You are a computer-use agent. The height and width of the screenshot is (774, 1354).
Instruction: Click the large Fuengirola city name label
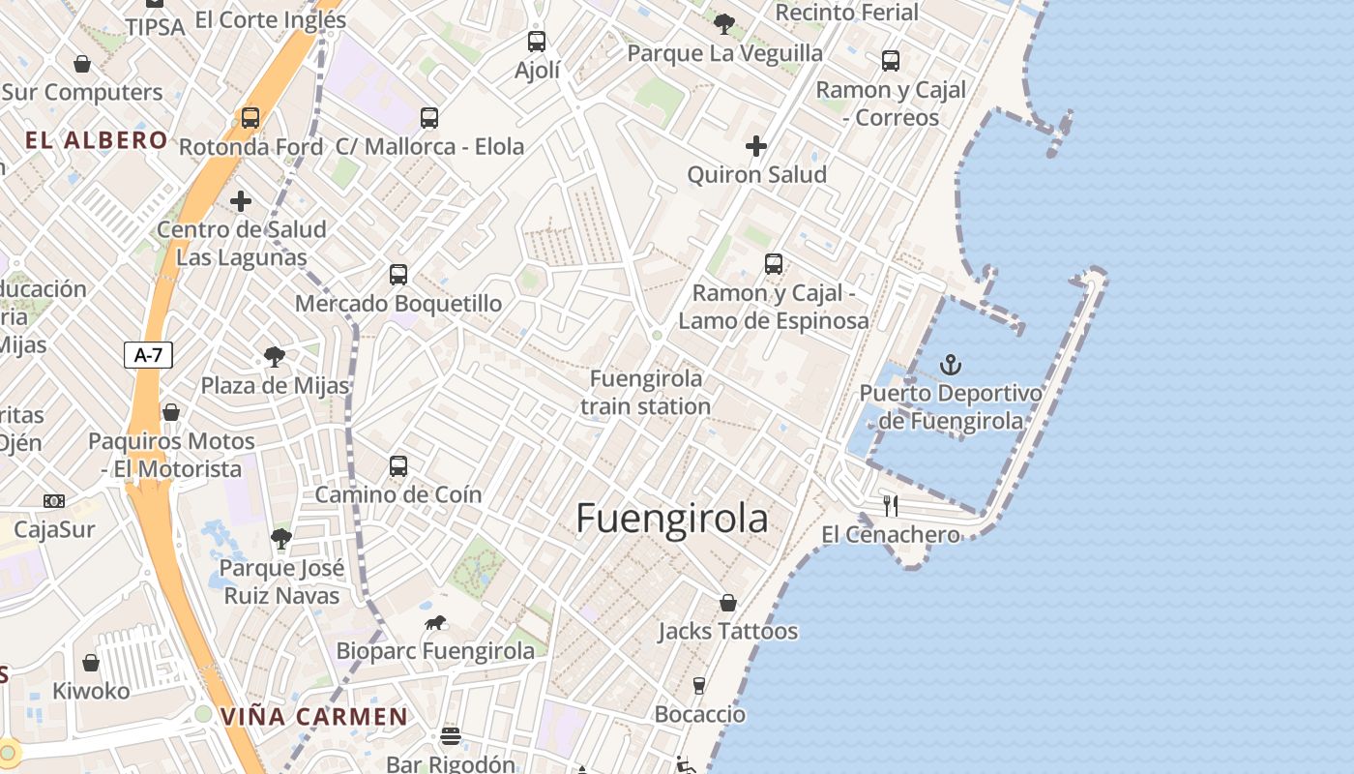[x=672, y=519]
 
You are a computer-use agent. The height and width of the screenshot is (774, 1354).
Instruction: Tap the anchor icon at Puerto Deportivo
[x=952, y=365]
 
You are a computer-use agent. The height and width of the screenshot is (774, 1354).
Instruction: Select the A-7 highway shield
[x=148, y=355]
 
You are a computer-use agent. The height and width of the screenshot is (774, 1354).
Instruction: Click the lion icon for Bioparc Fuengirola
[x=435, y=623]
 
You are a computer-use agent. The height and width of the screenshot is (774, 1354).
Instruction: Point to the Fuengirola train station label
[x=646, y=392]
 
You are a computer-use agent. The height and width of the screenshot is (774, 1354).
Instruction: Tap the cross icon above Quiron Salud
[x=756, y=146]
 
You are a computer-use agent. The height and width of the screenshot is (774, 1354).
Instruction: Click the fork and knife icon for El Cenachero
[x=891, y=505]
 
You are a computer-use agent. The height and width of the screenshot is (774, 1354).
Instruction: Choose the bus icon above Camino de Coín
[x=397, y=466]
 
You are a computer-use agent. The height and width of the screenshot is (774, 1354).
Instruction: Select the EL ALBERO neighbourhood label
[x=97, y=140]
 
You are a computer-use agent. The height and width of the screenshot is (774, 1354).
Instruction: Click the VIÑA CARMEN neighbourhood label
[x=314, y=717]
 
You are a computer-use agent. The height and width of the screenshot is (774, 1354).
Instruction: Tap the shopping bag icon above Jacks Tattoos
[x=728, y=603]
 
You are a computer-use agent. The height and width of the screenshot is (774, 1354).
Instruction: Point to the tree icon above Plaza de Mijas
[x=275, y=357]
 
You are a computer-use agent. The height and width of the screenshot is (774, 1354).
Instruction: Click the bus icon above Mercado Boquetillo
[x=397, y=275]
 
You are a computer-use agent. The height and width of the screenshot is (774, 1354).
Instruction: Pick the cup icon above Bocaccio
[x=699, y=686]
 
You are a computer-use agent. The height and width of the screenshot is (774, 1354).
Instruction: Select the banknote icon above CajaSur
[x=54, y=501]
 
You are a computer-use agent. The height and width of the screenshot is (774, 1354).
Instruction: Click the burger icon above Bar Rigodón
[x=450, y=736]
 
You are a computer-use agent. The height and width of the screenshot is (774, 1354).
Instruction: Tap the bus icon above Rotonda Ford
[x=250, y=118]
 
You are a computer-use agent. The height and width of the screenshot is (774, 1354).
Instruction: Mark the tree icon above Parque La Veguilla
[x=724, y=24]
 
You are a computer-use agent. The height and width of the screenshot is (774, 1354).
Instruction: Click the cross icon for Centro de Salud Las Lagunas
[x=241, y=201]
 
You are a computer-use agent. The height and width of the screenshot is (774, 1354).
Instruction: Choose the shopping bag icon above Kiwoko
[x=91, y=663]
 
